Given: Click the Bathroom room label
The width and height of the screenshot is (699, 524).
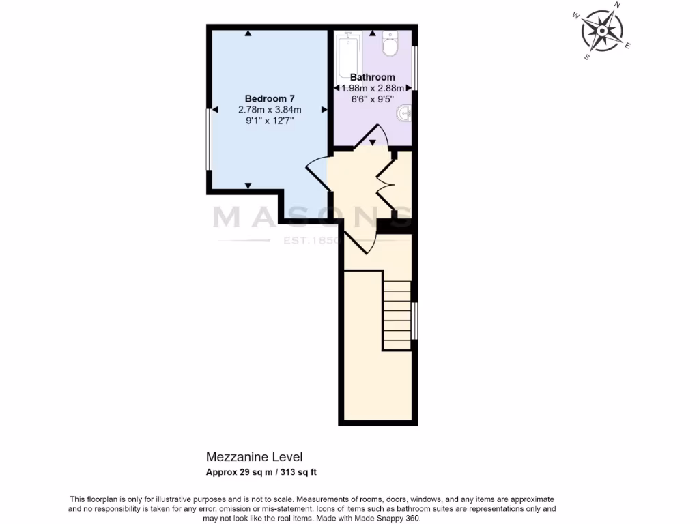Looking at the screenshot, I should tap(372, 77).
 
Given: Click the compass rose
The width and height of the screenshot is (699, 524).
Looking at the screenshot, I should tap(602, 31).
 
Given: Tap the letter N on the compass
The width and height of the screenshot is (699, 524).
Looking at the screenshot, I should tap(617, 5).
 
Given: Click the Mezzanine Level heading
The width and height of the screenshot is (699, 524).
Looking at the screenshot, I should tap(254, 456).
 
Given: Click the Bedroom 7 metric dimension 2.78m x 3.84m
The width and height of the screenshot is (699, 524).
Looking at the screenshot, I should tap(270, 110).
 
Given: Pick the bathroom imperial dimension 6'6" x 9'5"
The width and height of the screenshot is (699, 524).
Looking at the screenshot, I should tap(372, 98).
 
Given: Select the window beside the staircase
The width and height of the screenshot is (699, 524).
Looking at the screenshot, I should tap(414, 321).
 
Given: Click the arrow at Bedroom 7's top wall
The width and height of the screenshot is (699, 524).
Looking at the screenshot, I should tap(249, 33).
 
